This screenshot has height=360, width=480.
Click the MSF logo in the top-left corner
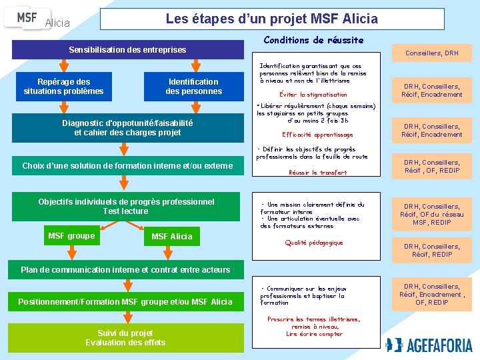[27, 18]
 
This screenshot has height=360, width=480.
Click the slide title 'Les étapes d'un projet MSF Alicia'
[271, 19]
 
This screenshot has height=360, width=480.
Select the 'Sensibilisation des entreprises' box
[127, 50]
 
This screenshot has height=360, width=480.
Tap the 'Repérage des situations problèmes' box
[63, 86]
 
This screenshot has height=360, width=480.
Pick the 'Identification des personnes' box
[193, 86]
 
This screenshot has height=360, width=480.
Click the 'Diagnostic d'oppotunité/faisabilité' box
[127, 127]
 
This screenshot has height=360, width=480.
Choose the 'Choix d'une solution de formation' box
[127, 165]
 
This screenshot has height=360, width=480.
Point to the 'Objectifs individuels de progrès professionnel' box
[127, 206]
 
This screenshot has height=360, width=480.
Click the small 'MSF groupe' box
[71, 236]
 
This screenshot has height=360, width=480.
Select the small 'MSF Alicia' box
[171, 236]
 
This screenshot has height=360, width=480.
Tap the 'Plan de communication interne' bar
[125, 270]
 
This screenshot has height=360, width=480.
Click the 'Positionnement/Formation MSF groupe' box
[125, 302]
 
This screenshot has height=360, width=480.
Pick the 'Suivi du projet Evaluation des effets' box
[125, 337]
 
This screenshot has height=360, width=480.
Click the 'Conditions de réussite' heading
[313, 40]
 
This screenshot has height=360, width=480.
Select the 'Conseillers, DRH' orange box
[431, 53]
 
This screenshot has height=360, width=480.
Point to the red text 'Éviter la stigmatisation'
[313, 95]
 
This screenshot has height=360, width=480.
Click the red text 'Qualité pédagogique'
[313, 243]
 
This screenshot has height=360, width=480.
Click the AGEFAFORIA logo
[429, 345]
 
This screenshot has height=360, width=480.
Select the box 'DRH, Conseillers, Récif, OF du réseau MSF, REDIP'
[431, 214]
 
